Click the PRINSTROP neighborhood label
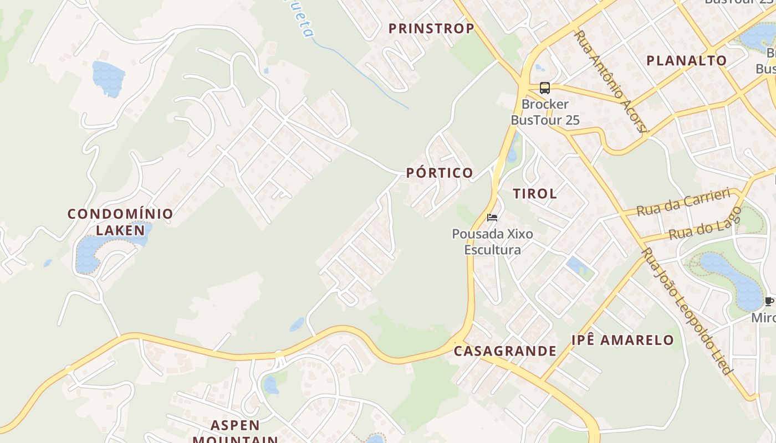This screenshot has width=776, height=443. click(431, 28)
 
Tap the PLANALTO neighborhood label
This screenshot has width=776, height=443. click(687, 60)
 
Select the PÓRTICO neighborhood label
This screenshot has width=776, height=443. click(440, 173)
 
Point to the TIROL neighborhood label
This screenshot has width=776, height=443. click(535, 194)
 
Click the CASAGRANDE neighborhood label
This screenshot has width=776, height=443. click(505, 351)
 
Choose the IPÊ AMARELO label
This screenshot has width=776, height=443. click(623, 340)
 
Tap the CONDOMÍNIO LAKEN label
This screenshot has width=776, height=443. click(120, 221)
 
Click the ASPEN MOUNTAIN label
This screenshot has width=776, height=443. click(236, 432)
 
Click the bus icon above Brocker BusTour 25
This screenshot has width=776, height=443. click(545, 87)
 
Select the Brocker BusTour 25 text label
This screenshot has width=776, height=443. click(545, 112)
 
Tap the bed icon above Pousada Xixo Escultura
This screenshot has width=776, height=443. click(492, 218)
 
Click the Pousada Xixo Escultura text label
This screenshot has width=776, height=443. click(492, 241)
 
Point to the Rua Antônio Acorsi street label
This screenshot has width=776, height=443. click(611, 81)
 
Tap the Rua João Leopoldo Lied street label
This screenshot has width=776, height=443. click(687, 311)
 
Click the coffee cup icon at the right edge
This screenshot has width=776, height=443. click(769, 302)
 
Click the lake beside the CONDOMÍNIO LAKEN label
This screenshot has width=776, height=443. click(89, 255)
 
